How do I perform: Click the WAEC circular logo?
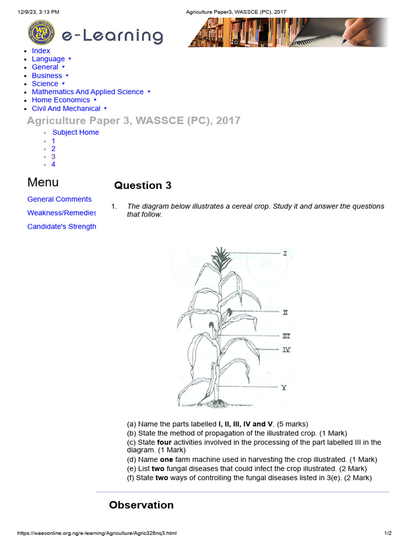coord(41,33)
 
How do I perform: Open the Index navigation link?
coord(41,51)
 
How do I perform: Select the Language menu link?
coord(48,59)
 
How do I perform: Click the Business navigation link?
coord(47,76)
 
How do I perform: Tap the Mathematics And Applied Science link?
coord(88,92)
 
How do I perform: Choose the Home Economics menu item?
coord(61,100)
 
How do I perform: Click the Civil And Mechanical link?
coord(66,108)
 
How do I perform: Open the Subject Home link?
coord(76,133)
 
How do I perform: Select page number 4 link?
coord(53,164)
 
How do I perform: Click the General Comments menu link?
coord(60,199)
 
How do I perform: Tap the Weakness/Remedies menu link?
coord(62,213)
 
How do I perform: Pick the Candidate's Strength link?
coord(62,227)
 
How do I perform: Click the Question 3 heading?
coord(143,185)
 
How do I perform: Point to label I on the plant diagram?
coord(285,254)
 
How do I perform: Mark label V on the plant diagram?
coord(284,388)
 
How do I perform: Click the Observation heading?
coord(141,505)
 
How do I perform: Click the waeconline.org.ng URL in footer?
coord(97,533)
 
